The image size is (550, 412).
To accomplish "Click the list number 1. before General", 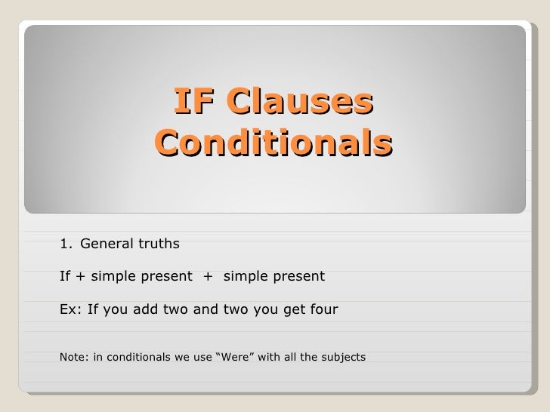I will pyautogui.click(x=66, y=244).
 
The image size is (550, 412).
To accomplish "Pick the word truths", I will pyautogui.click(x=158, y=244).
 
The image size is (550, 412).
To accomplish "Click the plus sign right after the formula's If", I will pyautogui.click(x=81, y=277).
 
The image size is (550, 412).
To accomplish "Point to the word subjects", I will pyautogui.click(x=345, y=356).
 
